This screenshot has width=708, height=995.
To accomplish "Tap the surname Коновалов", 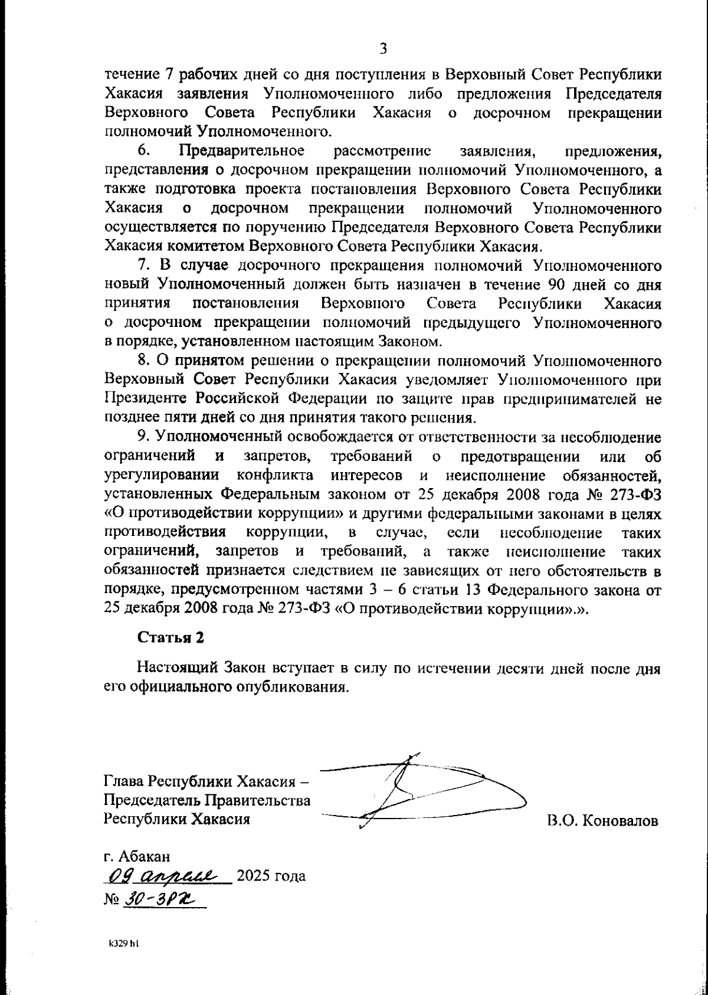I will pyautogui.click(x=619, y=821).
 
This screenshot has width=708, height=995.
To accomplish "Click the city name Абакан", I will pyautogui.click(x=145, y=855).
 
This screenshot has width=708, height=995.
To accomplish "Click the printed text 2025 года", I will pyautogui.click(x=271, y=876).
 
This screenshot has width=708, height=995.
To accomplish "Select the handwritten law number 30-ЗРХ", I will pyautogui.click(x=159, y=898).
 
